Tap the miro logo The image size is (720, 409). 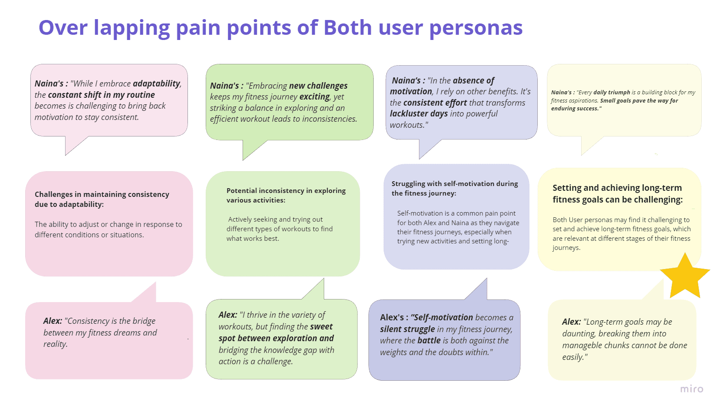coord(692,389)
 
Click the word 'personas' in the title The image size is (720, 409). coord(476,28)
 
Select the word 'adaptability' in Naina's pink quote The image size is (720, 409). coord(157,83)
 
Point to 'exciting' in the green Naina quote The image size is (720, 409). coord(315,96)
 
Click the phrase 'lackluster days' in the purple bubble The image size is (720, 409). coord(419,113)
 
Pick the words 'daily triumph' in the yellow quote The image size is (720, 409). coord(612,92)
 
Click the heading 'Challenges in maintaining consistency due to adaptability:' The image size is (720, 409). coord(102,199)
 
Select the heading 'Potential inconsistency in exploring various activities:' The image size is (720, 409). coord(286,195)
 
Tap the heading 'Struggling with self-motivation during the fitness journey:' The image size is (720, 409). coord(455,188)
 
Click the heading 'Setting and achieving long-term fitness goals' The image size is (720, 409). coord(617,193)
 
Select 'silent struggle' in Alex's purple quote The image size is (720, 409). coord(408,329)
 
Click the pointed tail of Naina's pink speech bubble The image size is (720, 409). coord(66,155)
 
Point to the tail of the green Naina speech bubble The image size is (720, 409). coord(243,160)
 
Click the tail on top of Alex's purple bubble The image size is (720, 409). coord(487,279)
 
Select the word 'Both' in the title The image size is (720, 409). coord(348,27)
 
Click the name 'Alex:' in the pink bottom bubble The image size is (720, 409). coord(53,321)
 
